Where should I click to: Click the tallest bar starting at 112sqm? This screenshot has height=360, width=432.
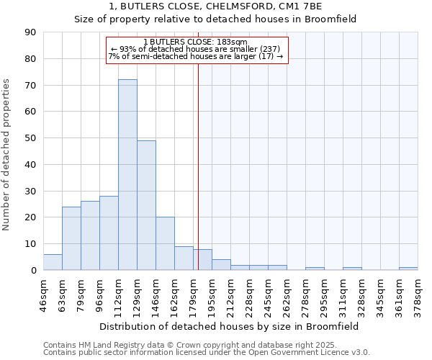[127, 175]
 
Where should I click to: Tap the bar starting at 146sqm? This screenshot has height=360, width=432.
[165, 243]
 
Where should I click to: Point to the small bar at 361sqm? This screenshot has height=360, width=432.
[408, 269]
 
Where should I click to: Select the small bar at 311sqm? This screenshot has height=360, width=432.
[352, 269]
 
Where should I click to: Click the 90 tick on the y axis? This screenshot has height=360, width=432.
[30, 32]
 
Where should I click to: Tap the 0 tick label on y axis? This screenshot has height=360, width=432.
[33, 271]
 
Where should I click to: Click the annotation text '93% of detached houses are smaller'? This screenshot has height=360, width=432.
[195, 49]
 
